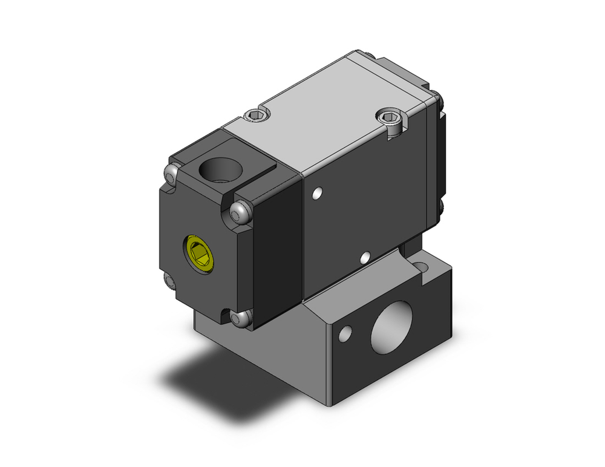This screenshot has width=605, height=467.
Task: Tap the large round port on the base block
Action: (391, 332)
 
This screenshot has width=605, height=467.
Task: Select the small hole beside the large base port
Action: (345, 333)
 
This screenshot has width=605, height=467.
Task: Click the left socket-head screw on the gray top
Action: (257, 114)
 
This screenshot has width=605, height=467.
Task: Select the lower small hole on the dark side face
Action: (365, 259)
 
